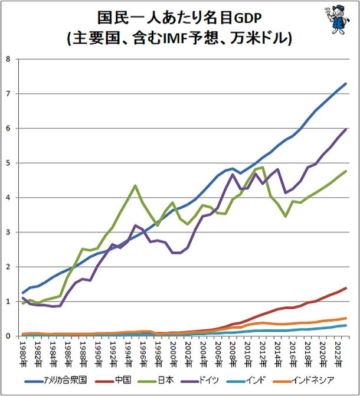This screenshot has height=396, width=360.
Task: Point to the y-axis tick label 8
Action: (8, 59)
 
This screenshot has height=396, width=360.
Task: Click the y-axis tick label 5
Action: (8, 163)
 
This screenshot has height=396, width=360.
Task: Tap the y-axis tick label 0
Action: (8, 336)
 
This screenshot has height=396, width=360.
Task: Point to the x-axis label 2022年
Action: (336, 352)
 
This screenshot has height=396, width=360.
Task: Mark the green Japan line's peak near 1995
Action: (136, 185)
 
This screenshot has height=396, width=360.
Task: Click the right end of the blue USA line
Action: (346, 84)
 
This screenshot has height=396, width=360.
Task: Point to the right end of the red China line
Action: (346, 288)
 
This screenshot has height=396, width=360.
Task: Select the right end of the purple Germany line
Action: (346, 129)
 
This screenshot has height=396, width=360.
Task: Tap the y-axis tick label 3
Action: (8, 233)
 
